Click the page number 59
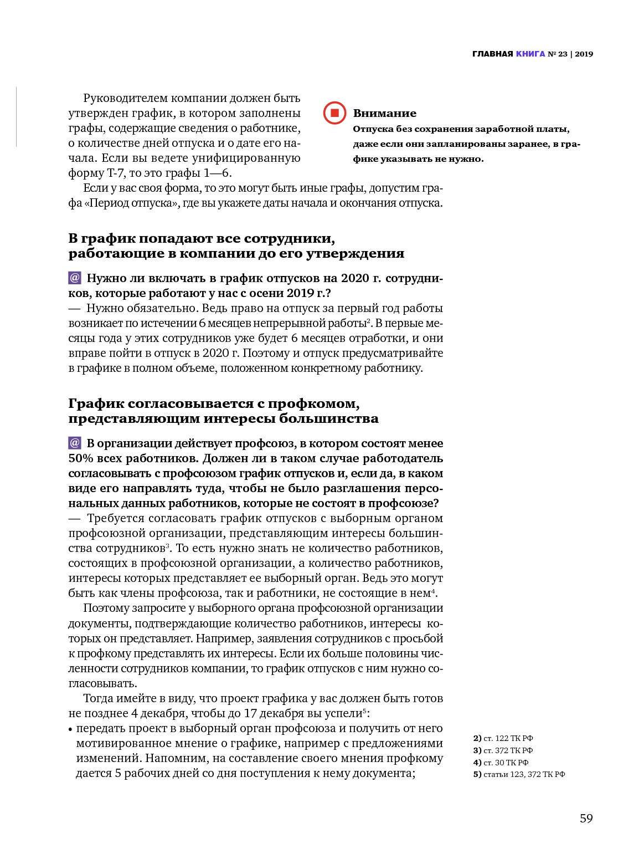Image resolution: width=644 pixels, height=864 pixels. click(x=586, y=819)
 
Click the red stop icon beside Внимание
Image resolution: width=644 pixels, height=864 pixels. click(x=334, y=113)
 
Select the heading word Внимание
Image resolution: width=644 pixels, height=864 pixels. click(x=384, y=113)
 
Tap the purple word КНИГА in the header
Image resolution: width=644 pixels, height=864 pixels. click(x=530, y=54)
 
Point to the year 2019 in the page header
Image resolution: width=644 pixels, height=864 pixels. click(x=584, y=54)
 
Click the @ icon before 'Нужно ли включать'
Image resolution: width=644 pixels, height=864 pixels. click(x=75, y=278)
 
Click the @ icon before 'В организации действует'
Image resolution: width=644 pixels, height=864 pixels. click(x=75, y=443)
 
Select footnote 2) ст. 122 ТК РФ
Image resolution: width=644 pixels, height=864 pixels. click(x=503, y=738)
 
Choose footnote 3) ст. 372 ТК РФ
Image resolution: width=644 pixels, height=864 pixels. click(x=503, y=750)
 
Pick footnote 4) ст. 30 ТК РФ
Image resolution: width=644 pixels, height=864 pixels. click(x=501, y=763)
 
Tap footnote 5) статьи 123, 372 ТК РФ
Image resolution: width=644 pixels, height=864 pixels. click(x=519, y=774)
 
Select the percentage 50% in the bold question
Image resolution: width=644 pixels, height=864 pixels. click(x=81, y=458)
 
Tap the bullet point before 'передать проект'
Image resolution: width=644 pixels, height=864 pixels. click(x=70, y=729)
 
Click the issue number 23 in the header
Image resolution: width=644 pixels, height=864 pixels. click(x=563, y=54)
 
